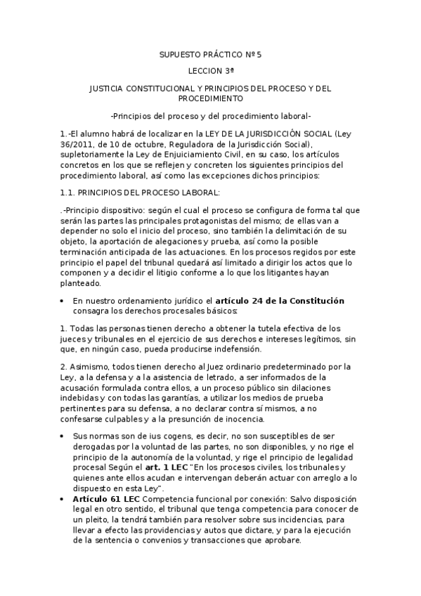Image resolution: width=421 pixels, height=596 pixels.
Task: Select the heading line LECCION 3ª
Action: click(x=210, y=72)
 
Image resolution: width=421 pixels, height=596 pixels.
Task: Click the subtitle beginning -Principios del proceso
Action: click(x=210, y=116)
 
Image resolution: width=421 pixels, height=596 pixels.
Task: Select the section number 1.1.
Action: click(x=67, y=192)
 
